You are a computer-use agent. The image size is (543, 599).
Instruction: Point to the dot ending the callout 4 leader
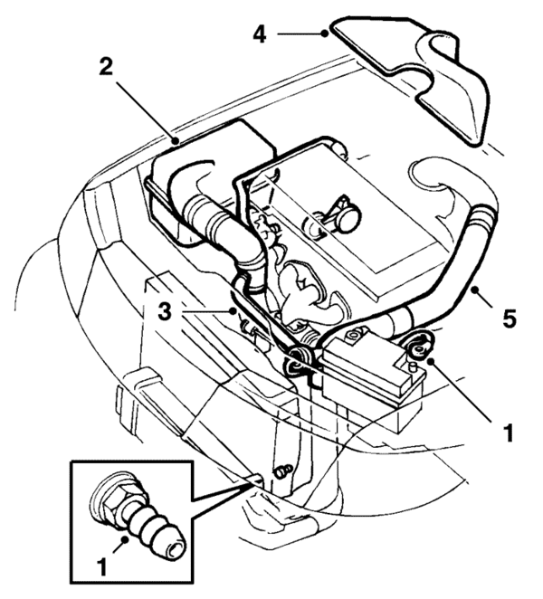click(x=325, y=34)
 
